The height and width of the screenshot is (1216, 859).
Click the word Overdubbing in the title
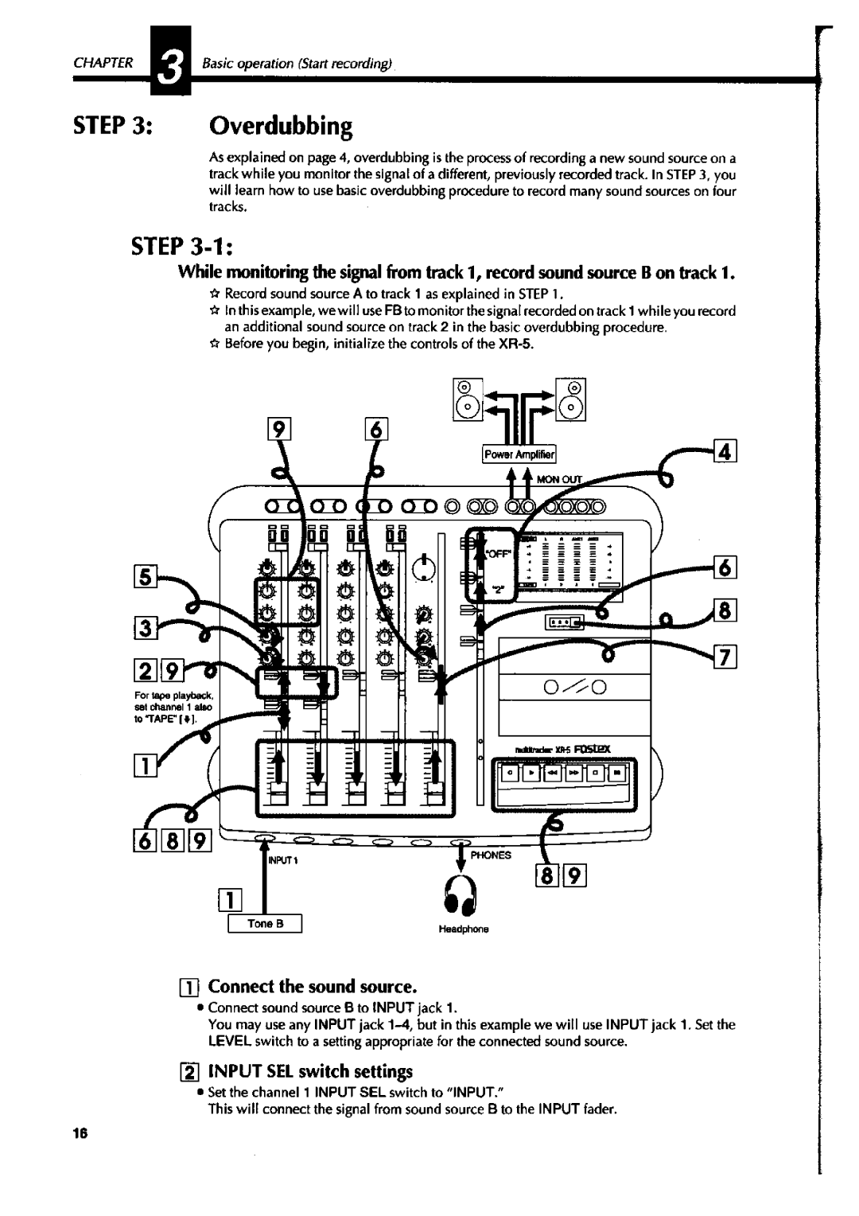pyautogui.click(x=280, y=126)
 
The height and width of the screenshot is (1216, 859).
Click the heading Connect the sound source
pyautogui.click(x=312, y=987)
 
